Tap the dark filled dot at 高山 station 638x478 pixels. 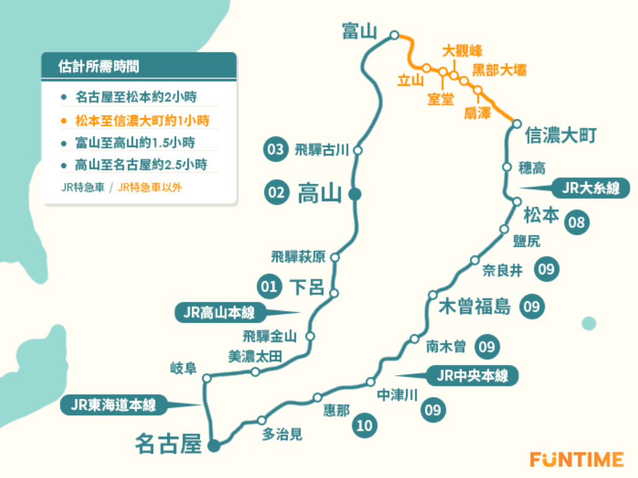click(x=354, y=194)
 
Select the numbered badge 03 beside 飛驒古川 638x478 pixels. click(x=275, y=149)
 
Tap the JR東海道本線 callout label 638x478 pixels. click(x=113, y=404)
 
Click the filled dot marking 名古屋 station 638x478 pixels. click(x=213, y=446)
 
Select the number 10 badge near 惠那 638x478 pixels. click(x=364, y=426)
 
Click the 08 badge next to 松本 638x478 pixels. click(x=576, y=222)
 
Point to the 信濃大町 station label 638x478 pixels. click(x=561, y=135)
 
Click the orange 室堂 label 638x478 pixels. click(x=440, y=99)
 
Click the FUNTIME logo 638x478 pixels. click(x=576, y=458)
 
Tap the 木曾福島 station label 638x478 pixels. click(x=475, y=307)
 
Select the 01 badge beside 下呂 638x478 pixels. click(x=269, y=285)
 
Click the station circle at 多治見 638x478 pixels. click(x=262, y=420)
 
